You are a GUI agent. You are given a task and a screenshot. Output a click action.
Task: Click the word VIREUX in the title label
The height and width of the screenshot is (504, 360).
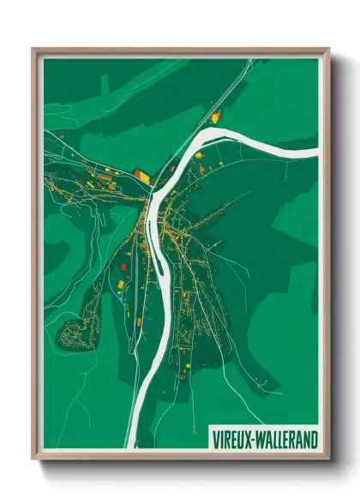[232, 439]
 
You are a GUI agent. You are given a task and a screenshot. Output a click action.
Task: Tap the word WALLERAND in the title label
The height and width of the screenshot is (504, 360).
[286, 439]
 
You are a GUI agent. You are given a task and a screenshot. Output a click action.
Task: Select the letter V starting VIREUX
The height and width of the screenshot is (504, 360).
[215, 439]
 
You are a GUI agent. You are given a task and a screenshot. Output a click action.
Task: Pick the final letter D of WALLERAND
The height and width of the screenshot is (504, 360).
[315, 439]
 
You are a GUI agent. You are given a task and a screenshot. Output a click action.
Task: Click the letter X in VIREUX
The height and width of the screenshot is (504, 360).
[249, 439]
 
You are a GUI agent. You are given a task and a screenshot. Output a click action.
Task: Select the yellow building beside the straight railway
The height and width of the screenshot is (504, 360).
[215, 117]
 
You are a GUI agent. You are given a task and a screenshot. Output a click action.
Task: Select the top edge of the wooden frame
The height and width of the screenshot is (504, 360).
[180, 51]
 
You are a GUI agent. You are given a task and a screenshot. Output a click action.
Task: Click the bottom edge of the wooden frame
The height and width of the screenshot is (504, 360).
[180, 455]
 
